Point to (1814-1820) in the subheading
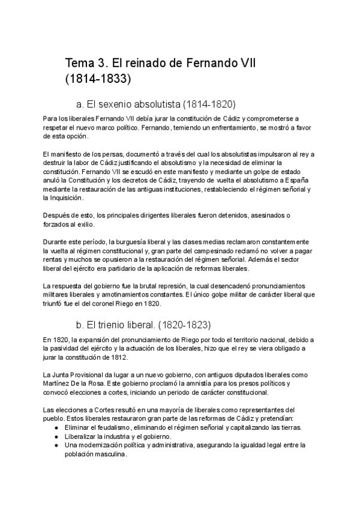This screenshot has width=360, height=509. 209,103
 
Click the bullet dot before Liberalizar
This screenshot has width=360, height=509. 56,436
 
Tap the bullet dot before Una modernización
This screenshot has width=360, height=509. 56,445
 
